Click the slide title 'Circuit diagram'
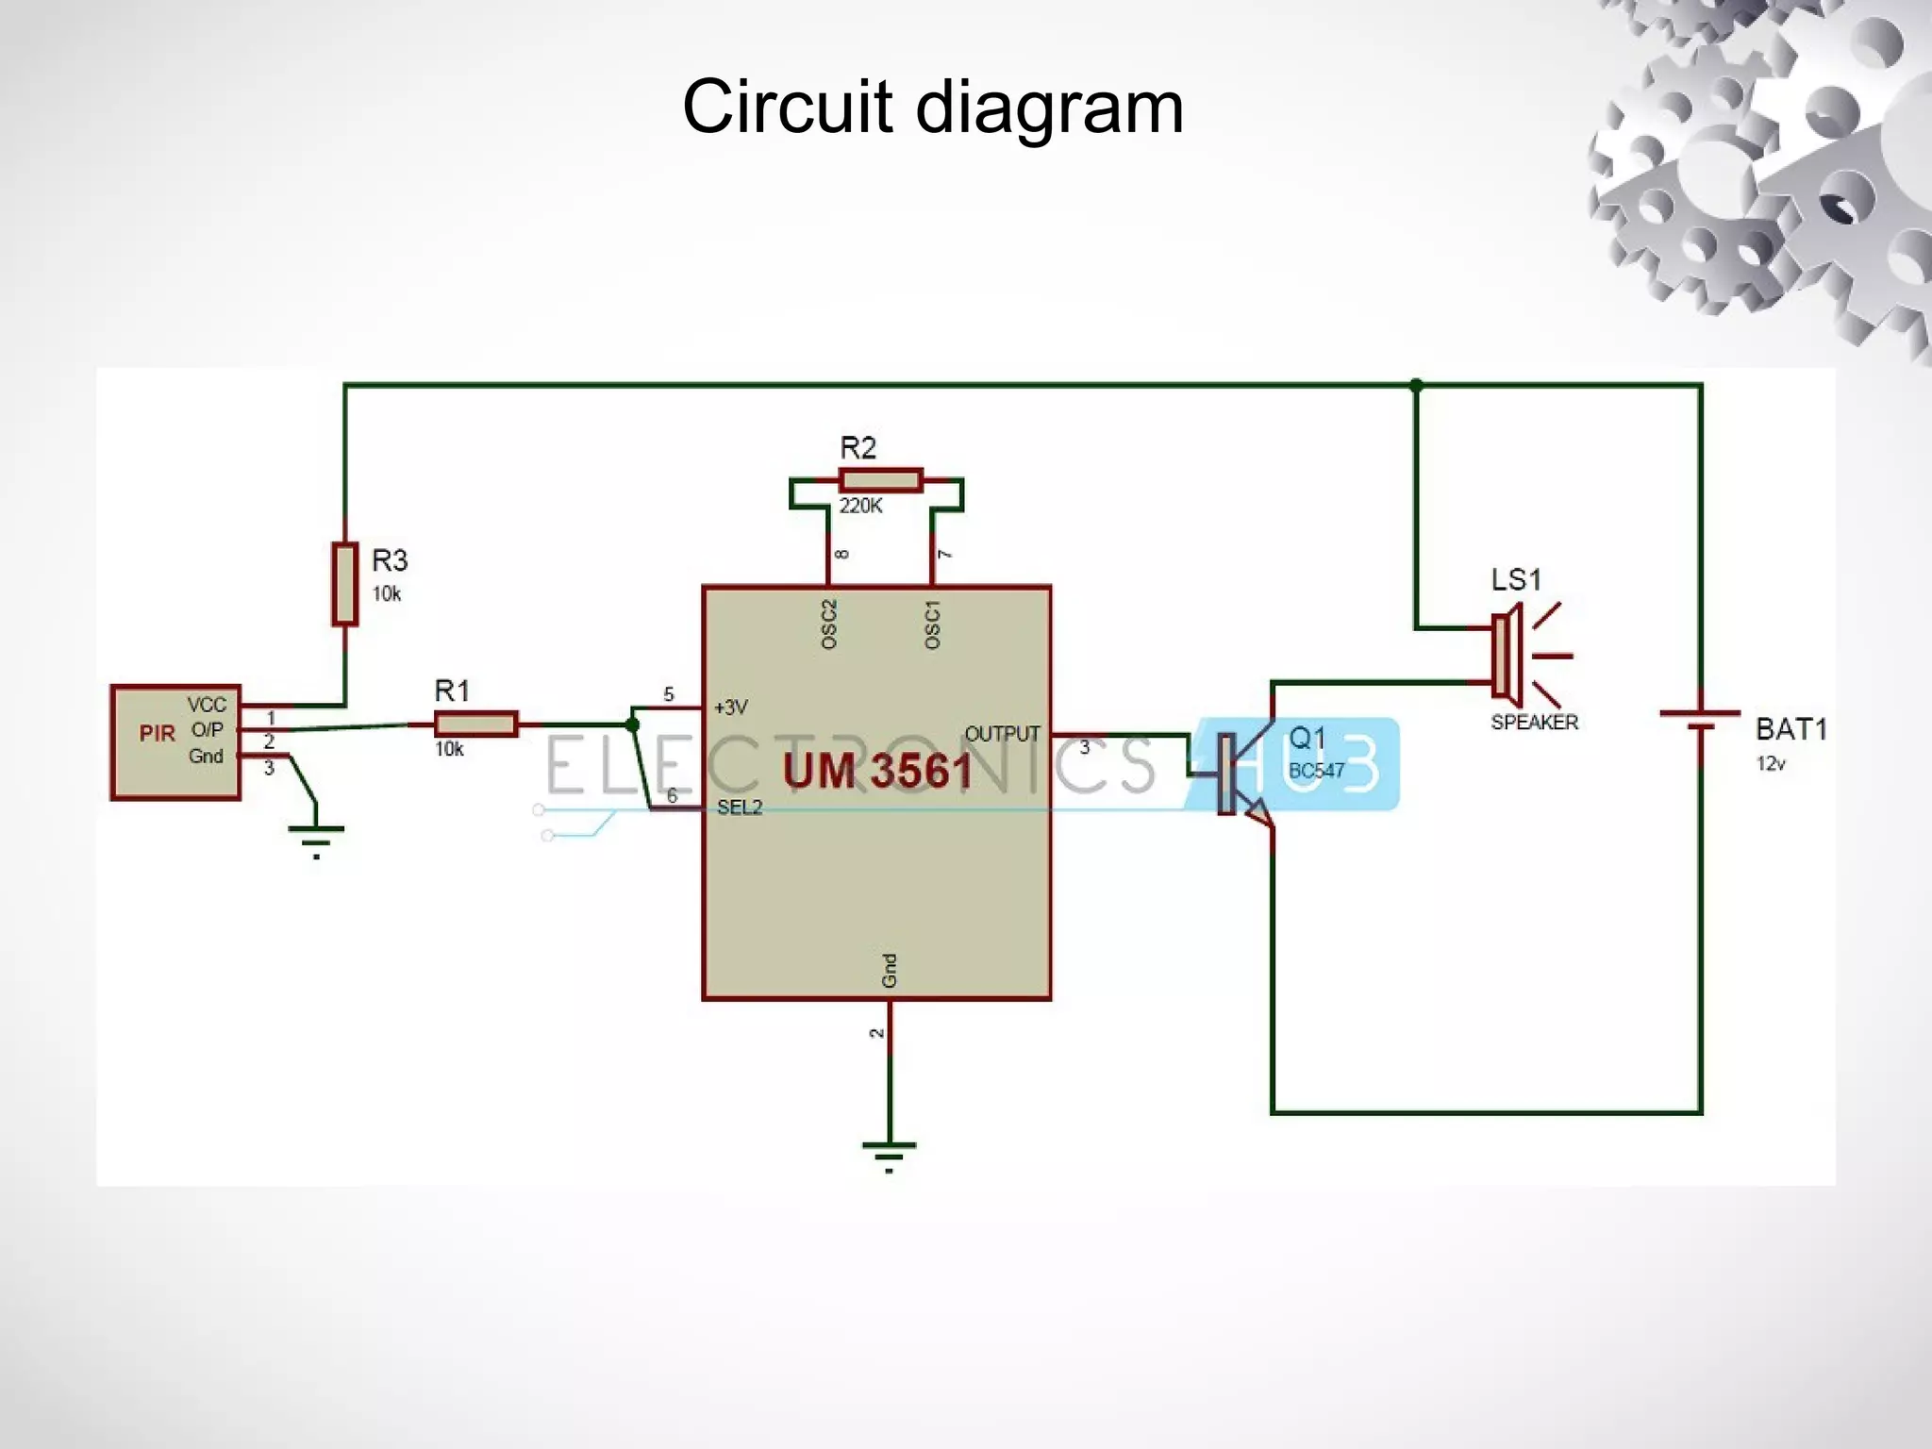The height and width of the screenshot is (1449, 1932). tap(932, 106)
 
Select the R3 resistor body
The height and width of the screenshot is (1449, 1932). tap(344, 584)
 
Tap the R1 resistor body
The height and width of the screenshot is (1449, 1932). tap(475, 724)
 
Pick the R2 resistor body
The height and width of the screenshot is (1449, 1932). tap(880, 480)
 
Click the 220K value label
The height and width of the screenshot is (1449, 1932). tap(860, 507)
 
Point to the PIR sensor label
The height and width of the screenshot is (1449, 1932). tap(157, 734)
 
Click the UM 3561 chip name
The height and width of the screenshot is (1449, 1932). tap(877, 771)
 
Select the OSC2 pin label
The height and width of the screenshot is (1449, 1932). tap(829, 624)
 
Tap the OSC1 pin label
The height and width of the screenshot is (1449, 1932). tap(932, 624)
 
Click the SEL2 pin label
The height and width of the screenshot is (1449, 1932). tap(739, 808)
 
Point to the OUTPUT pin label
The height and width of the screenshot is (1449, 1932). tap(1002, 734)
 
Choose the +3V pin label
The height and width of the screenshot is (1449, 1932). tap(730, 707)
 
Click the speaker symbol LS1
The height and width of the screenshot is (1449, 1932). tap(1509, 656)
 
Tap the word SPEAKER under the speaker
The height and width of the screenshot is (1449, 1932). tap(1534, 723)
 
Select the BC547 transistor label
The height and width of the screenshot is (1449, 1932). tap(1316, 771)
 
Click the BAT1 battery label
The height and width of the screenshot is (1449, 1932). tap(1790, 729)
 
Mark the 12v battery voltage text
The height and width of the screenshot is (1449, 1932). tap(1770, 764)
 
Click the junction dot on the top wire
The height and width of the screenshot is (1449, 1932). tap(1416, 385)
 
